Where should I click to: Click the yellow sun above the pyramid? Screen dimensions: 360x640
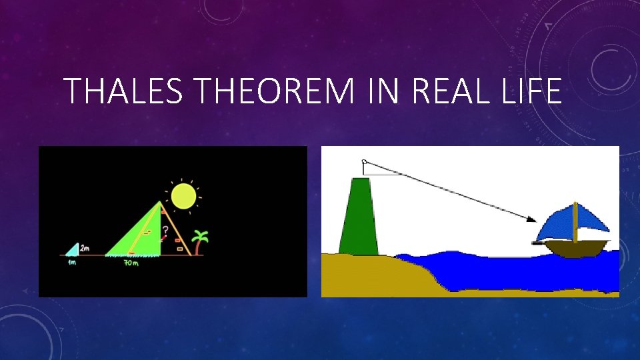coord(183,195)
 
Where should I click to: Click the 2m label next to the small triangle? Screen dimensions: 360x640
coord(85,249)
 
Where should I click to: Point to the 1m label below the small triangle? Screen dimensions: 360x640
coord(71,263)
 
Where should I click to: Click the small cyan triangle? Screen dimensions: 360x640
coord(73,251)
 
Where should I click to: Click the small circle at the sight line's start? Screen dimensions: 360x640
coord(364,161)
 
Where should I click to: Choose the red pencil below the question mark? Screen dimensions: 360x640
coord(162,237)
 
